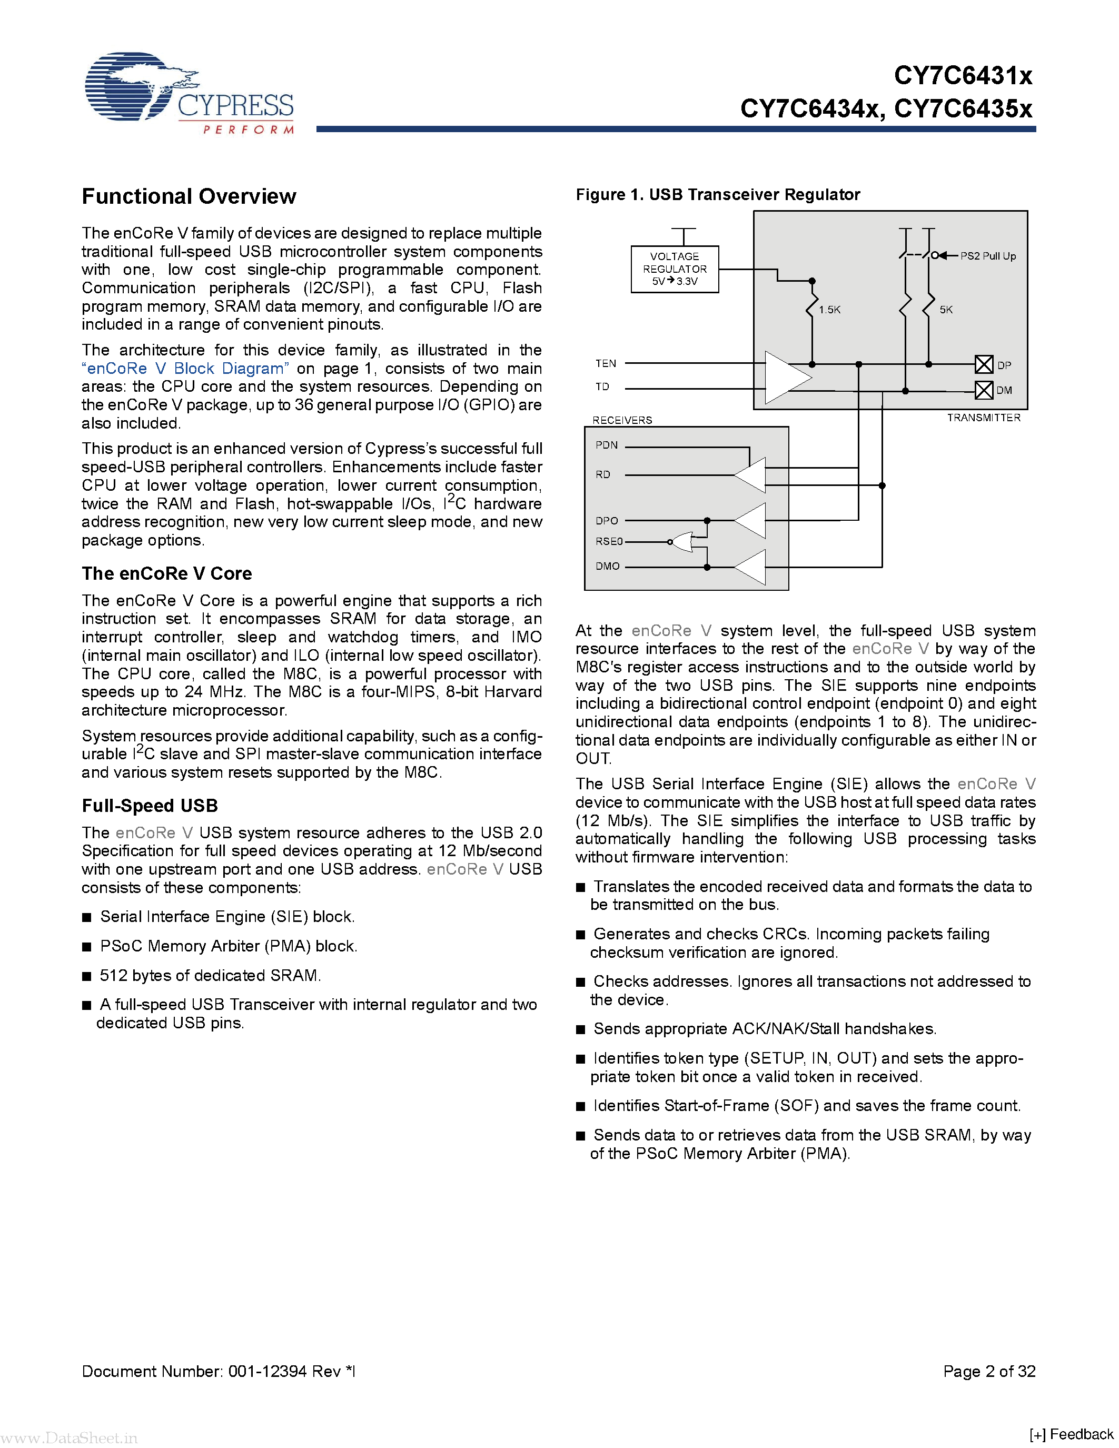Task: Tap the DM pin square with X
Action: [x=984, y=390]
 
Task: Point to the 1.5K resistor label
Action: [x=829, y=310]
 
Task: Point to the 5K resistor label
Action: [x=946, y=310]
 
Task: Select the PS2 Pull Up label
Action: [x=988, y=256]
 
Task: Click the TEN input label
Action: [x=605, y=363]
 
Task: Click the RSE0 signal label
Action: [x=609, y=541]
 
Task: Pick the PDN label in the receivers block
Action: [x=606, y=445]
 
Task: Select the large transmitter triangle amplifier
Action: [x=786, y=377]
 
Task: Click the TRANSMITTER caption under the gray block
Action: [x=983, y=418]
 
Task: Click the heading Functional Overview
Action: [x=189, y=197]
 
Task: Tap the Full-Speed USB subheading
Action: [x=150, y=806]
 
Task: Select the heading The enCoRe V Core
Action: [x=166, y=573]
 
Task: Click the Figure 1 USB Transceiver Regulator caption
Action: [x=717, y=195]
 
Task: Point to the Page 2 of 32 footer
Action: [x=988, y=1371]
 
